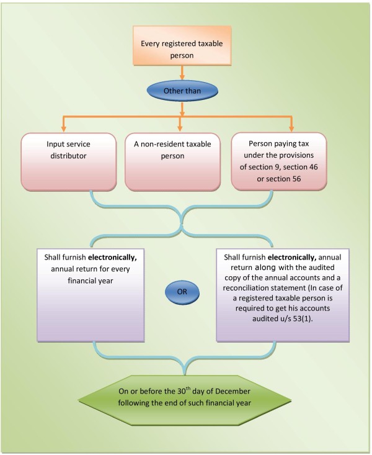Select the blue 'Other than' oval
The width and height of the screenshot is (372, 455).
pyautogui.click(x=181, y=91)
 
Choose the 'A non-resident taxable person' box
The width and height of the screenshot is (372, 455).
pyautogui.click(x=181, y=160)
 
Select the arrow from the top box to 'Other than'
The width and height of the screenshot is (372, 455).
pyautogui.click(x=181, y=73)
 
